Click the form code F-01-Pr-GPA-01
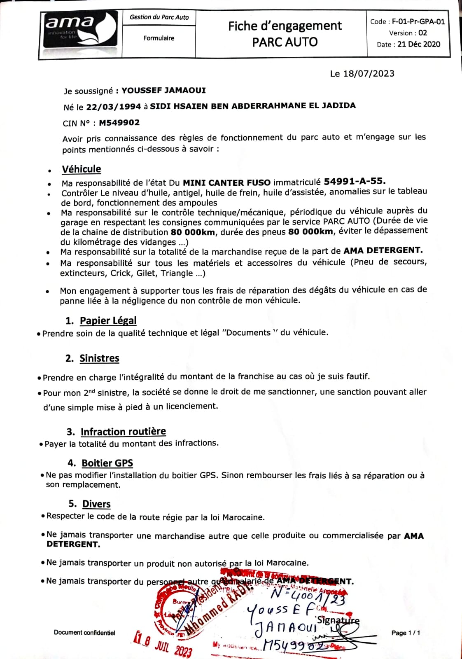pyautogui.click(x=418, y=22)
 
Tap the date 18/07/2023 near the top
pyautogui.click(x=369, y=74)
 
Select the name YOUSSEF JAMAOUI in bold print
pyautogui.click(x=163, y=90)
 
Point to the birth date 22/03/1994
pyautogui.click(x=114, y=107)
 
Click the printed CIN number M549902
pyautogui.click(x=119, y=123)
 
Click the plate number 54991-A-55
pyautogui.click(x=355, y=181)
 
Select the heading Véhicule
pyautogui.click(x=82, y=169)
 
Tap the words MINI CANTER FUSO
pyautogui.click(x=227, y=182)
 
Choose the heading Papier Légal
pyautogui.click(x=108, y=320)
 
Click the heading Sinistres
pyautogui.click(x=99, y=358)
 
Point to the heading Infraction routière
pyautogui.click(x=123, y=432)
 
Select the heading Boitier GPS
pyautogui.click(x=107, y=463)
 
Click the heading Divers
pyautogui.click(x=96, y=504)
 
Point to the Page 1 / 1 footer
pyautogui.click(x=406, y=633)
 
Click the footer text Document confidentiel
pyautogui.click(x=84, y=633)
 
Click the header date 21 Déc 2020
pyautogui.click(x=419, y=44)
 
